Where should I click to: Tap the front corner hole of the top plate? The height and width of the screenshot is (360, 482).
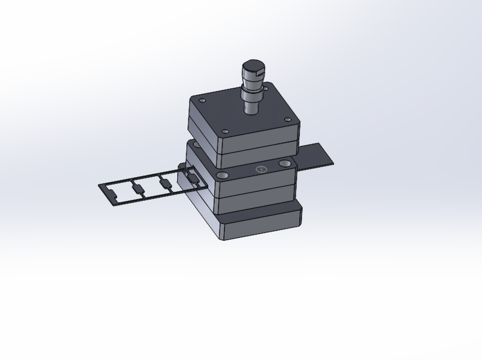226,132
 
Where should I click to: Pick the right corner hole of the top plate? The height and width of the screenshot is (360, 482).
287,120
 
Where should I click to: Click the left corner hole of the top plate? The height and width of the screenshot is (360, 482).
202,101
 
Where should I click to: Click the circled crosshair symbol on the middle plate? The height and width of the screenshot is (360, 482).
261,169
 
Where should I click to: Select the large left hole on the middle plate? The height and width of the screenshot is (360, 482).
223,176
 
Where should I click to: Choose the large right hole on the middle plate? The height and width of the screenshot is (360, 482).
285,163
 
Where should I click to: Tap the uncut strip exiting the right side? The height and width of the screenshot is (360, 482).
315,156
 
